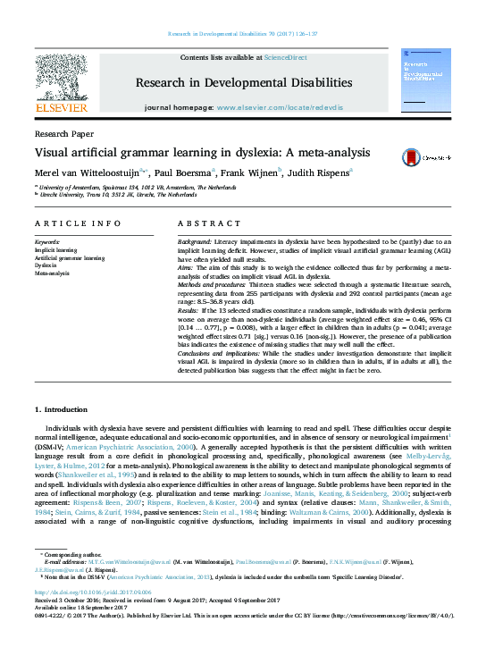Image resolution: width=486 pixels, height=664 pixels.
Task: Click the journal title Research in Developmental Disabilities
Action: pyautogui.click(x=243, y=83)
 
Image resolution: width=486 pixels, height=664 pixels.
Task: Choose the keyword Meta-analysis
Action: pyautogui.click(x=52, y=273)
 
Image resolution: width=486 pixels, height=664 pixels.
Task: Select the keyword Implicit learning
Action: pyautogui.click(x=55, y=249)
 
